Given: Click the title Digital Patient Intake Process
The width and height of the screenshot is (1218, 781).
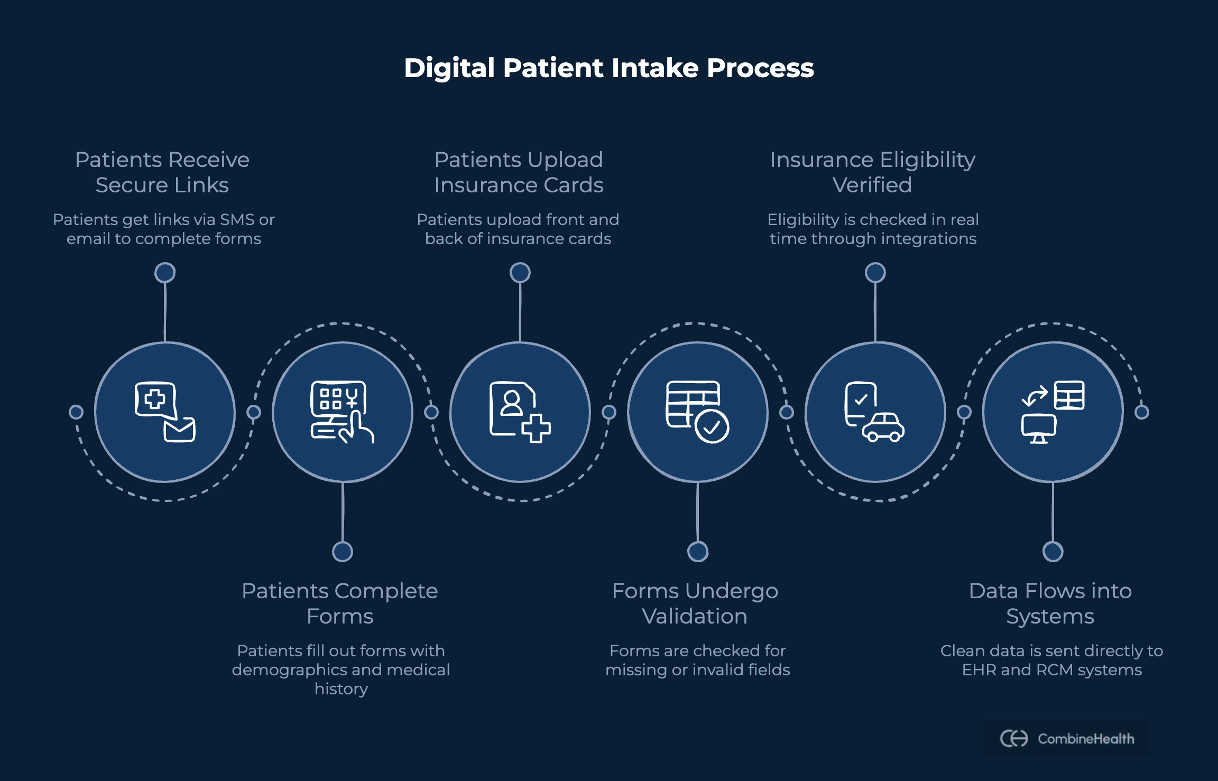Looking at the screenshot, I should pos(608,68).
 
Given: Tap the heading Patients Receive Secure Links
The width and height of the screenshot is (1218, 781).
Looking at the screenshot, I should pos(162,172).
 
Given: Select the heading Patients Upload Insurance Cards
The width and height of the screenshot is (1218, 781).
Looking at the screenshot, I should pos(519,172).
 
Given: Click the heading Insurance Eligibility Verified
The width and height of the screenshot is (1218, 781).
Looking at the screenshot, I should pos(872,172).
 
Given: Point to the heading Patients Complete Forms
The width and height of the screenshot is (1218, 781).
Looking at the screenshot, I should pos(340,603).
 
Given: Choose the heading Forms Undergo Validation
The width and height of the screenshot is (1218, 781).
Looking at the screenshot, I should pos(695,603).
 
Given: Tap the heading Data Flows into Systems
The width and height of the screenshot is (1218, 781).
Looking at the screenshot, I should pos(1050,603).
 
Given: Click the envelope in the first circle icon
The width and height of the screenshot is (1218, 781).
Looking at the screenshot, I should pos(179,430).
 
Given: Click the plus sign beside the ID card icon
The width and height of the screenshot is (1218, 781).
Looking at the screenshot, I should pos(536,428).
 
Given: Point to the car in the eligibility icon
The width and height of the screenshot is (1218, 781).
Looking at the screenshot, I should pos(883,427).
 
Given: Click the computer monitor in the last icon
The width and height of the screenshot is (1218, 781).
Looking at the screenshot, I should pos(1038,427).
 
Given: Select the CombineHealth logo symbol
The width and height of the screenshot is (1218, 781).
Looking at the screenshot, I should pos(1014,738).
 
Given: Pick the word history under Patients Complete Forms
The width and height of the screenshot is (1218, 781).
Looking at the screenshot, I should pos(341,689).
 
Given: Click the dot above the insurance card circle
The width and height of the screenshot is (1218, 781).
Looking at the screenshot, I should pos(520,273).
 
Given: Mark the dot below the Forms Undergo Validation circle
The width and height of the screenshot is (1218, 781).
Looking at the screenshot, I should pos(698,552).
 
